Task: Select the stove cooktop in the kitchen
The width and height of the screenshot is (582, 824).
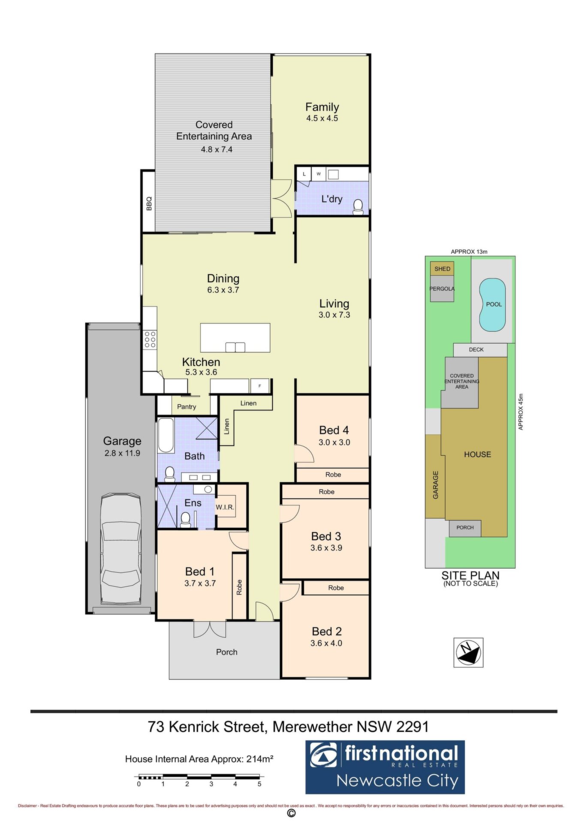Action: click(150, 339)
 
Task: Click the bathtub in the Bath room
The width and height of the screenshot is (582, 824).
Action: click(166, 435)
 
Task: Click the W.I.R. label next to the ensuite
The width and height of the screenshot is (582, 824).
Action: click(225, 507)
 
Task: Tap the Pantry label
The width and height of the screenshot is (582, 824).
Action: click(187, 406)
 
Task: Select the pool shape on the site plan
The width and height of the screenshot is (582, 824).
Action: click(492, 305)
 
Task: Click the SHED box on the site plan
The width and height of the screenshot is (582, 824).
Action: click(442, 269)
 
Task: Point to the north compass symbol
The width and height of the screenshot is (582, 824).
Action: click(468, 652)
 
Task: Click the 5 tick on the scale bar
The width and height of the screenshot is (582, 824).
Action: click(259, 784)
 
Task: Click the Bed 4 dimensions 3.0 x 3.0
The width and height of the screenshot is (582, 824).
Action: click(335, 442)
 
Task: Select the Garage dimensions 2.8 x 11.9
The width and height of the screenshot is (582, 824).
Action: click(122, 453)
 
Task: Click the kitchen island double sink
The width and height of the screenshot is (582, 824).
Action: click(235, 347)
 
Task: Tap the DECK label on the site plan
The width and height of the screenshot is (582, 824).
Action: click(476, 349)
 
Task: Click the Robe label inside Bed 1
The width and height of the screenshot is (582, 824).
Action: click(239, 587)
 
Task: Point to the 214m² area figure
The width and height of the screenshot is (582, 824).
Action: click(260, 759)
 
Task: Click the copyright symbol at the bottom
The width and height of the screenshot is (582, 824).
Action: click(291, 814)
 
